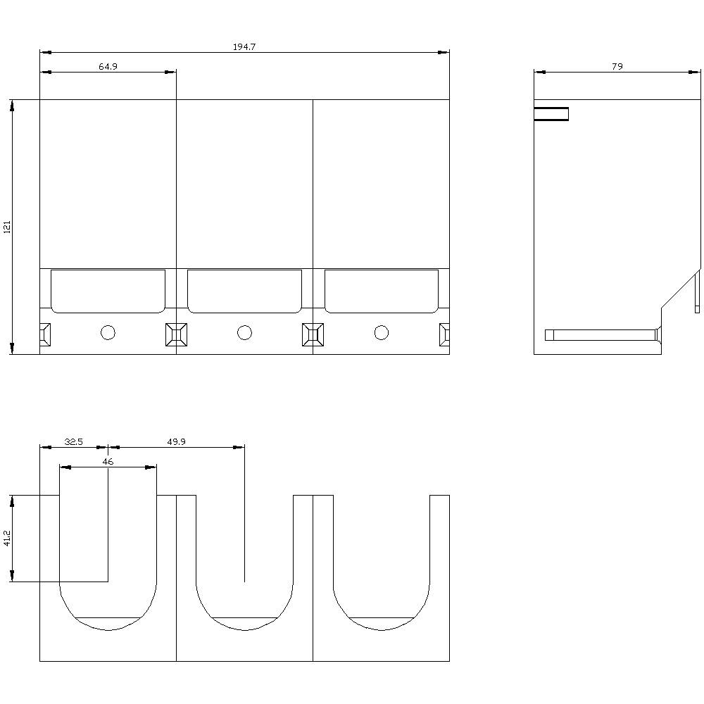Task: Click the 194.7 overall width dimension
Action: point(244,47)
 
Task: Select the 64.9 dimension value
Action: point(108,66)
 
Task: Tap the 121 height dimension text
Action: point(8,227)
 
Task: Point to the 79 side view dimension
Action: point(617,66)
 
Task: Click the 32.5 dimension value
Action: point(73,442)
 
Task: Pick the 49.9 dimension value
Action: point(176,442)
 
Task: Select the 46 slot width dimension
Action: point(108,462)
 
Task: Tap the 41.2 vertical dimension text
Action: point(8,539)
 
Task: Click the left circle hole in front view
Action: point(108,332)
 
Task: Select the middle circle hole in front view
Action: point(244,332)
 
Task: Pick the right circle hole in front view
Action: point(381,332)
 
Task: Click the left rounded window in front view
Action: point(108,291)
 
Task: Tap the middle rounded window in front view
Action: point(244,291)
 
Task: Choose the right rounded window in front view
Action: point(381,291)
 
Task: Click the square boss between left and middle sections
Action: point(176,334)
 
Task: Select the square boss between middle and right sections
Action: point(313,334)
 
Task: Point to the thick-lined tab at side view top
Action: point(551,114)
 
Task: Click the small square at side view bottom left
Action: point(549,335)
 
